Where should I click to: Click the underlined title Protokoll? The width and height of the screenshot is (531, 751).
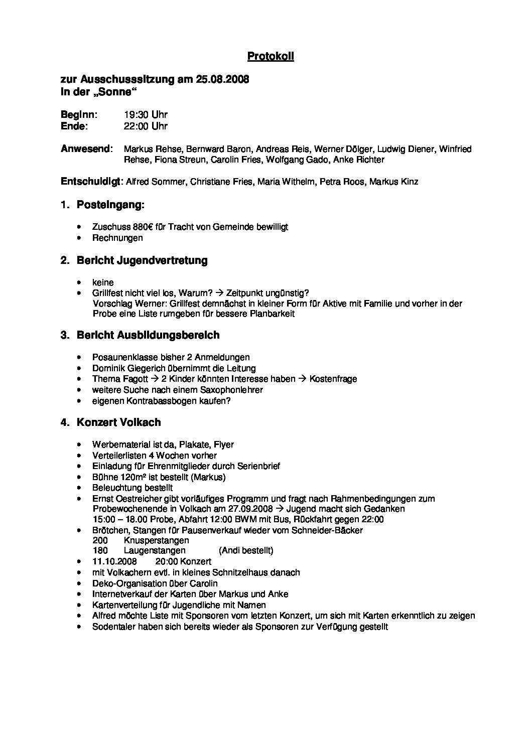point(271,57)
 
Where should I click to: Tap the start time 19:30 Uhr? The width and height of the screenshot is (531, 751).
point(146,115)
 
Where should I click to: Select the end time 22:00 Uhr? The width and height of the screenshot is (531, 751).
point(146,126)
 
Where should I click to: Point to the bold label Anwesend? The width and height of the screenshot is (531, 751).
point(86,149)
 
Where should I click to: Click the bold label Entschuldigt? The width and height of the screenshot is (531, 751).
point(90,182)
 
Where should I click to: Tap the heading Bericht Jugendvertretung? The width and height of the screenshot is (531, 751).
point(142,260)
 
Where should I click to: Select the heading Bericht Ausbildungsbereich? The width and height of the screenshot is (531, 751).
point(148,335)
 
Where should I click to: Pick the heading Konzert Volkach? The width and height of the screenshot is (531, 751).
point(119,422)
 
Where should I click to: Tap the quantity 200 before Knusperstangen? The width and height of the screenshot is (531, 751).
point(100,540)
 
